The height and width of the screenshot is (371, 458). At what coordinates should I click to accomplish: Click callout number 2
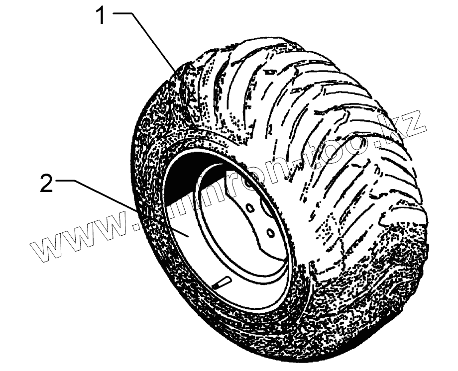pyautogui.click(x=46, y=185)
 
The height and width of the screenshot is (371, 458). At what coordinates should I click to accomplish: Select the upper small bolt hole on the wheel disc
pyautogui.click(x=249, y=206)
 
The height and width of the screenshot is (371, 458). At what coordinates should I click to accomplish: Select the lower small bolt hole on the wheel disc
pyautogui.click(x=269, y=232)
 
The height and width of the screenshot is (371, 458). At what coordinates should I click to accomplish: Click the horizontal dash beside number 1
pyautogui.click(x=124, y=13)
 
